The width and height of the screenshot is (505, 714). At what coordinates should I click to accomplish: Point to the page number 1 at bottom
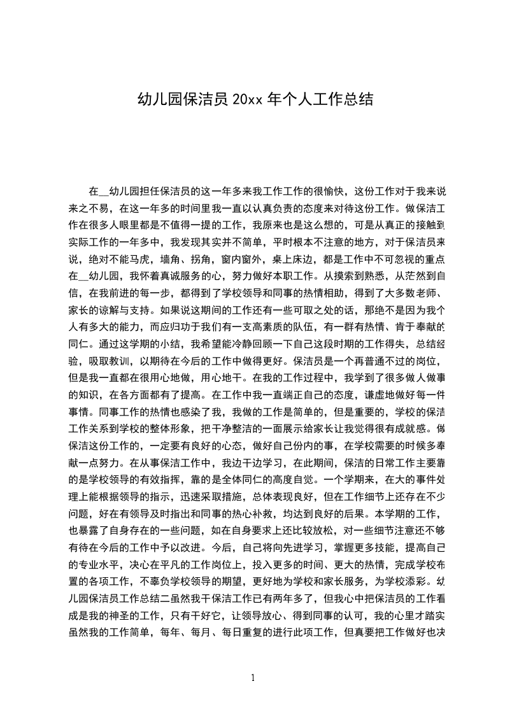pyautogui.click(x=253, y=677)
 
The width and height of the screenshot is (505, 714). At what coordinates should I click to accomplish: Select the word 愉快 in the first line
pyautogui.click(x=338, y=191)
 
